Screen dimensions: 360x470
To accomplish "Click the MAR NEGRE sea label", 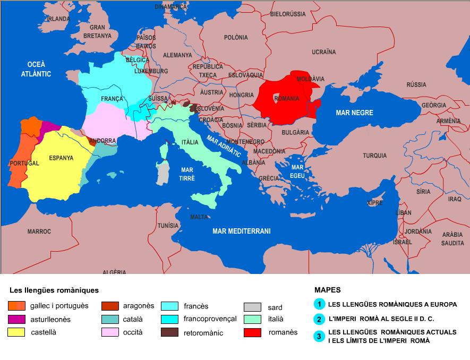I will (x=354, y=113).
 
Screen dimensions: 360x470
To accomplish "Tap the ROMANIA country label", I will (x=287, y=99).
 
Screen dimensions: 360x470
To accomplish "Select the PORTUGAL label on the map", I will (x=24, y=163).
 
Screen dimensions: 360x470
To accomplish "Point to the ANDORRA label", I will (x=102, y=141).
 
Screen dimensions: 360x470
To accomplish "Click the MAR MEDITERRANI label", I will (x=242, y=231).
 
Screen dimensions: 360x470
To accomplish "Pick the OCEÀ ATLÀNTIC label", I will (x=36, y=69).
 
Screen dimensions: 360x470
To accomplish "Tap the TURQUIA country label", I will (x=375, y=156).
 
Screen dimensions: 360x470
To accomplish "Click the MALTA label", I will (x=199, y=217).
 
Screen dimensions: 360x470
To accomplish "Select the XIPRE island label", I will (x=375, y=203).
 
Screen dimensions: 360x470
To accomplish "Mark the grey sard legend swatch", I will (x=252, y=307).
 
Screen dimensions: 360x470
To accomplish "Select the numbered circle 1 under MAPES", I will (x=319, y=304).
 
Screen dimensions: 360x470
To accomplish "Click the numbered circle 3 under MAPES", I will (x=319, y=336).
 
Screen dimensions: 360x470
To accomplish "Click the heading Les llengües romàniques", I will (x=54, y=290).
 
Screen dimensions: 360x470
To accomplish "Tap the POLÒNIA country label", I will (x=236, y=37).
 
